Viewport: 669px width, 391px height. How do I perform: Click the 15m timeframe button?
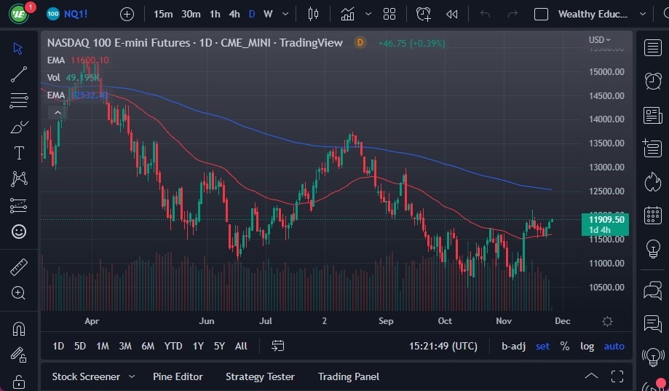[163, 14]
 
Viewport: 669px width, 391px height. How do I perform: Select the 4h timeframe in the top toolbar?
[234, 14]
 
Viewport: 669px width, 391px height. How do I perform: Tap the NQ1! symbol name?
[76, 14]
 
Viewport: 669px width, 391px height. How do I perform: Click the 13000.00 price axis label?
[606, 167]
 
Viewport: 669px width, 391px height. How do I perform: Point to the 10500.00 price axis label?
[606, 287]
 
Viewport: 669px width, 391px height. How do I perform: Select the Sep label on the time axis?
[386, 320]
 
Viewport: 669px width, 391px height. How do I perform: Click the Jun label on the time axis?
[207, 320]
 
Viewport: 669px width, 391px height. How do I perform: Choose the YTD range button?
[173, 346]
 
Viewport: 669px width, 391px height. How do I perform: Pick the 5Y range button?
[219, 346]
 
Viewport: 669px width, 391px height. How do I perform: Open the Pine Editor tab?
[178, 376]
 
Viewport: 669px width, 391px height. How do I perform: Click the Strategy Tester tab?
[260, 376]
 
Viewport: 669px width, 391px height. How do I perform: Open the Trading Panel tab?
[348, 376]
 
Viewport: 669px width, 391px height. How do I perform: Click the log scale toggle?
[587, 346]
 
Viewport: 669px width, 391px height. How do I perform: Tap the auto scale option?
[614, 346]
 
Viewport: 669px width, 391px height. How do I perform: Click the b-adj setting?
[513, 346]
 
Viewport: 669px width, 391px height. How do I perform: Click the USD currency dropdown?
[599, 39]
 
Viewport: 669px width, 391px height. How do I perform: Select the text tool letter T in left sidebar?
[19, 153]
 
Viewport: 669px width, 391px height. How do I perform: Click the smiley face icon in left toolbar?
[19, 232]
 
